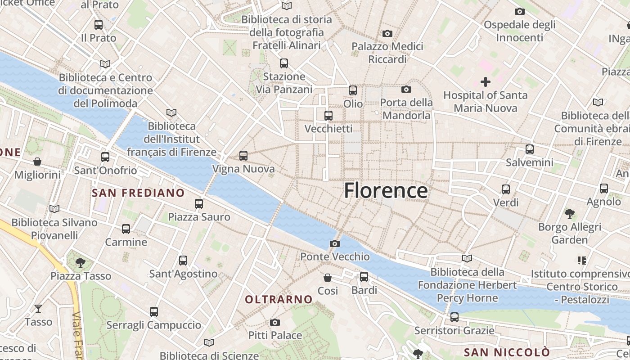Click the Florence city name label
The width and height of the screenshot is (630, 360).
(386, 191)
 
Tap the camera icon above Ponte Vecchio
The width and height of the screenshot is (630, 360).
(335, 243)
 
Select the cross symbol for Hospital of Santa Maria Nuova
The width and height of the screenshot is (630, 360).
(485, 82)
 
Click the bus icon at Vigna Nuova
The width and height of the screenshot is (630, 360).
(243, 156)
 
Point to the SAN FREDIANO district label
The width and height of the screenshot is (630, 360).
(138, 193)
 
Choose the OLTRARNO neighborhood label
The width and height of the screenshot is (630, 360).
(279, 299)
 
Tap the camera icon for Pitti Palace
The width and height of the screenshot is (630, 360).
(275, 322)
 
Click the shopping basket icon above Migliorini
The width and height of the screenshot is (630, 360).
(37, 161)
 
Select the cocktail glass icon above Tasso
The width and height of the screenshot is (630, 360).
(38, 308)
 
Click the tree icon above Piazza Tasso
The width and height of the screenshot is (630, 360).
(81, 262)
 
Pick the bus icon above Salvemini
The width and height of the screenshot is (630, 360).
(530, 149)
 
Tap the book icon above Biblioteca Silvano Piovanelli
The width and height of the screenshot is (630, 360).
(54, 209)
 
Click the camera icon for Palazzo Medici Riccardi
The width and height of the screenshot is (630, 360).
(387, 33)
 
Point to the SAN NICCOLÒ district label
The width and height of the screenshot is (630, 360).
(507, 352)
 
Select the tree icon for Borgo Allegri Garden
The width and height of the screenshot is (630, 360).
(569, 213)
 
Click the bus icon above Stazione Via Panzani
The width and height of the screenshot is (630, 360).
(283, 63)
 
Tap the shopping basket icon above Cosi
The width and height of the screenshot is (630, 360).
(328, 278)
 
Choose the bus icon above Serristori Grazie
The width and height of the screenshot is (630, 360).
(454, 317)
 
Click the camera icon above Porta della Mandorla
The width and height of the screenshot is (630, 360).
(406, 90)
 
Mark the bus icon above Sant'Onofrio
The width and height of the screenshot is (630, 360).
(105, 157)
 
